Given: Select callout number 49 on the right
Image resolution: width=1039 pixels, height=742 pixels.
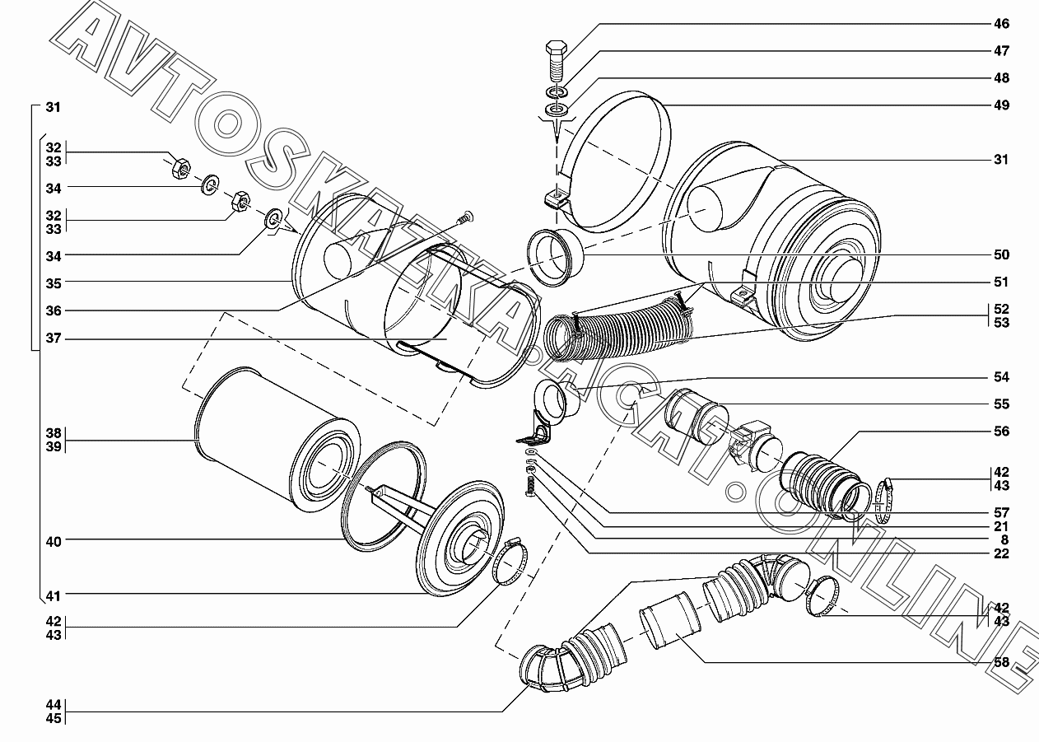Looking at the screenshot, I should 1000,105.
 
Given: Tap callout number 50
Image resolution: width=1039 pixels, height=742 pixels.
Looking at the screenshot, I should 1000,254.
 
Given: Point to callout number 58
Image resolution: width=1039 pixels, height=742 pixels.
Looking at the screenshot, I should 1000,662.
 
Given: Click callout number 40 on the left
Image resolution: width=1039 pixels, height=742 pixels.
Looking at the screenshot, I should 54,541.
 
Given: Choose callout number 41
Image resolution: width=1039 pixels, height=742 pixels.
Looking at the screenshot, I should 54,595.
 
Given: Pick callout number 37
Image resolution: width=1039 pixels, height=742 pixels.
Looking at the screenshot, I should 54,338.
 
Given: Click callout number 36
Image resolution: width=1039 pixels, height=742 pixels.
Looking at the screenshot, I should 54,310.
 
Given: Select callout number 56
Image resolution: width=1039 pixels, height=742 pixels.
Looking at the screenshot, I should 1000,431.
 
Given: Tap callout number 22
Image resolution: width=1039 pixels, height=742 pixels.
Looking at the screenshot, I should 1000,553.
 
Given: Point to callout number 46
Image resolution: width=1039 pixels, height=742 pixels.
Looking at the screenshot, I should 1000,24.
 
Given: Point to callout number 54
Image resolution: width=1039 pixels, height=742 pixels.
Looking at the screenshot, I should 1000,377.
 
